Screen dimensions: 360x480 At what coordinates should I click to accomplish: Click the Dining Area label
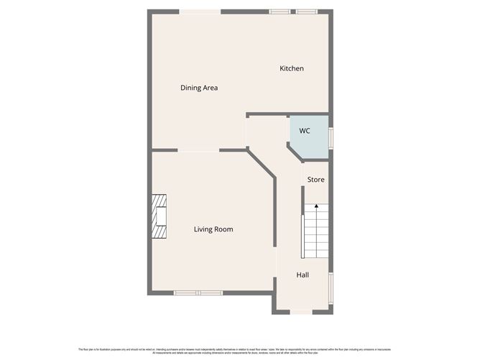tap(198, 88)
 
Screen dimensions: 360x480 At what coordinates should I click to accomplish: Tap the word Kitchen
tap(292, 68)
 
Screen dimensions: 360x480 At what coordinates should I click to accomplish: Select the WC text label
tap(305, 131)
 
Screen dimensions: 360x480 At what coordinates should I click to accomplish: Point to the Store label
tap(316, 179)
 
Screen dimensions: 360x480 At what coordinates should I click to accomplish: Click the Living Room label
tap(213, 229)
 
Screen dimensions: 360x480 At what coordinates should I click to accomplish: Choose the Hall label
tap(303, 274)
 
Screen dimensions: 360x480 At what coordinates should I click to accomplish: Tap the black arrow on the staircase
tap(315, 208)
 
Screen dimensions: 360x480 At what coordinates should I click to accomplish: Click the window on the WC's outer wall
tap(331, 137)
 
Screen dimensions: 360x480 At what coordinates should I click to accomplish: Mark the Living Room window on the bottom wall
tap(198, 292)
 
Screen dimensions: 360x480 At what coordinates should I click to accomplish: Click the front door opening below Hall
tap(301, 312)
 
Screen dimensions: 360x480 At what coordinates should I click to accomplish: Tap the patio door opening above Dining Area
tap(200, 11)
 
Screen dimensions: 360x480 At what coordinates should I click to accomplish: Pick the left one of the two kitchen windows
tap(280, 11)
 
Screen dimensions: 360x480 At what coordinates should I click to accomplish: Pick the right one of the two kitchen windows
tap(308, 11)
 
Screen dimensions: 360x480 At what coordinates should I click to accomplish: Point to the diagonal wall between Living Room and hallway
tap(262, 163)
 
